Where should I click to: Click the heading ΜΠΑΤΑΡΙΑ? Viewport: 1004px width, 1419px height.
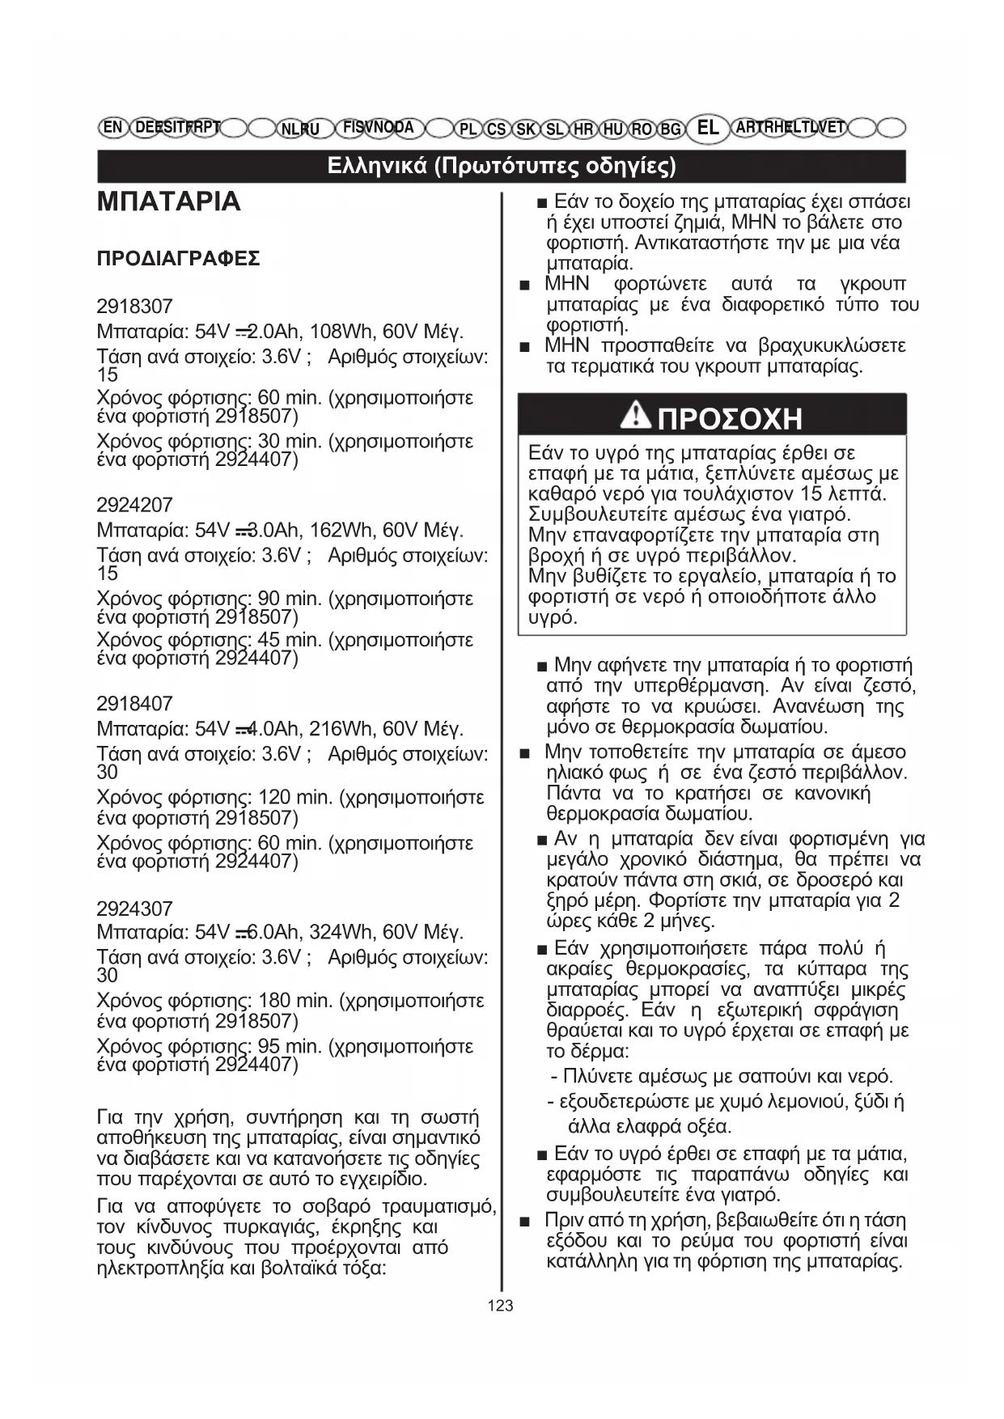pos(168,201)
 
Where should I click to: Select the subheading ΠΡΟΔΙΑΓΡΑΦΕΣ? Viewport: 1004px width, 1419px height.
pos(178,259)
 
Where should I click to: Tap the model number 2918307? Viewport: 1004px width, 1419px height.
pos(134,307)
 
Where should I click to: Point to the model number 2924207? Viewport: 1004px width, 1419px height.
pos(134,506)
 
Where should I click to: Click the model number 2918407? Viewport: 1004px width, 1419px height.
pos(134,704)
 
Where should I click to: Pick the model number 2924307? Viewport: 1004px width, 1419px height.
pos(134,909)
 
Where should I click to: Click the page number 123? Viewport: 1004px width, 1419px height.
pos(501,1305)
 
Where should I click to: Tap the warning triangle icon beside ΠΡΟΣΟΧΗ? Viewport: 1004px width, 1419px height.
pos(636,416)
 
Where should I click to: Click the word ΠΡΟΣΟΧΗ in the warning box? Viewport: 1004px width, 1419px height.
pos(730,419)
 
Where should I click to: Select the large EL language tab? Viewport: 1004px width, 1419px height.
pos(707,128)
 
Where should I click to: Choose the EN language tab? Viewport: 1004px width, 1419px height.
pos(113,127)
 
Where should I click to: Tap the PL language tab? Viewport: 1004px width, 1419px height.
pos(468,129)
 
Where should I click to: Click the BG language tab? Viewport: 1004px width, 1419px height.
pos(670,129)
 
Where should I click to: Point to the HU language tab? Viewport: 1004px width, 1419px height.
pos(613,129)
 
